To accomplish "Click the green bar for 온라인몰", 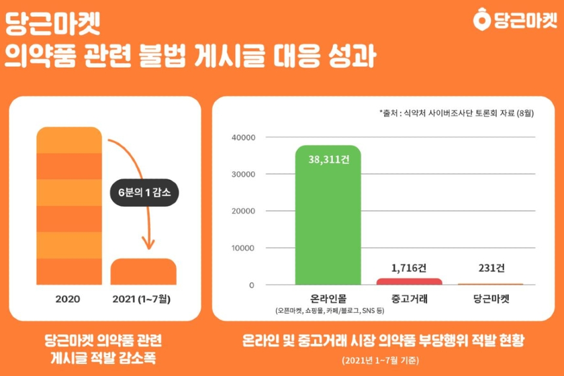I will click(x=328, y=215).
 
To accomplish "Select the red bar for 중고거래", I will click(x=410, y=281).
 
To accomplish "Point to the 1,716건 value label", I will click(x=410, y=268).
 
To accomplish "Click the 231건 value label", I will click(x=491, y=268).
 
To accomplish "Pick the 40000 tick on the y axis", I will click(x=243, y=138).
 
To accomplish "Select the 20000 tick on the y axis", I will click(x=243, y=211).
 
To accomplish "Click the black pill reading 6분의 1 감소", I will click(x=144, y=192).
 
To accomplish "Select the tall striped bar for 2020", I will click(x=69, y=205).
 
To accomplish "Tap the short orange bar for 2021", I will click(x=143, y=271).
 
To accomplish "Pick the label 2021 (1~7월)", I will click(x=143, y=298).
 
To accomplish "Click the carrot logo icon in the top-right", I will click(x=482, y=21).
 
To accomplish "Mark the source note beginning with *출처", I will click(x=456, y=113).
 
